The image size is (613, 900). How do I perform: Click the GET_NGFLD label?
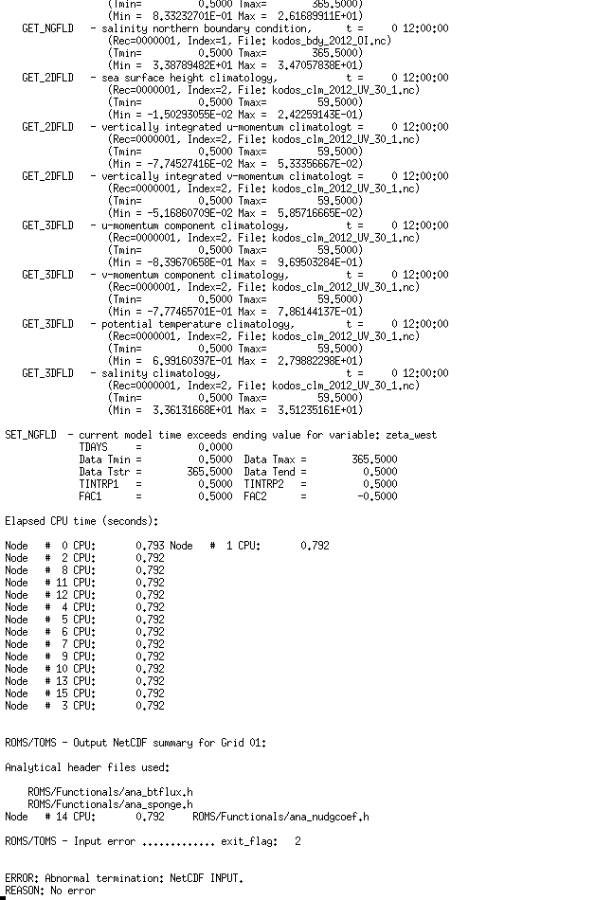coord(47,28)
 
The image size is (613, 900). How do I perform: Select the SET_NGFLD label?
coord(33,435)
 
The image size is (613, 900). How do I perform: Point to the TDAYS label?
coord(94,447)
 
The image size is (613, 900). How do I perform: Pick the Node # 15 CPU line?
coord(84,693)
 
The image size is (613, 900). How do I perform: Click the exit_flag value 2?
coord(297,841)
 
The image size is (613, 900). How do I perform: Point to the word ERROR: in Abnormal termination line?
coord(22,878)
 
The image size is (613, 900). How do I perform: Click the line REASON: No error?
coord(50,891)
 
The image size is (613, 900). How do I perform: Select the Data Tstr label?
coord(104,472)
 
